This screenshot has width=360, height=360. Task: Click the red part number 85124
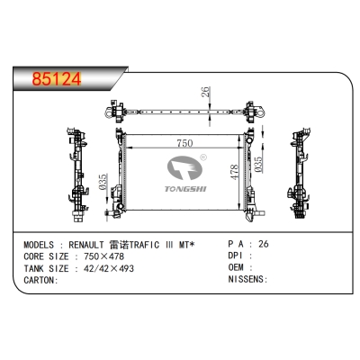click(57, 79)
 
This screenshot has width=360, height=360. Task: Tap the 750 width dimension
click(184, 143)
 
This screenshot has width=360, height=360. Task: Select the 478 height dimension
click(234, 172)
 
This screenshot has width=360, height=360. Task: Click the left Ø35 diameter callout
click(103, 182)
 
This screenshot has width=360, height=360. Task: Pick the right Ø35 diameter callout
click(258, 165)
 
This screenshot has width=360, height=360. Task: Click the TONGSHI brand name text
click(185, 189)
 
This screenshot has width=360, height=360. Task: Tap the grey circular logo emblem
click(184, 167)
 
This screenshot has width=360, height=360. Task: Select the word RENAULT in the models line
click(86, 245)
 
